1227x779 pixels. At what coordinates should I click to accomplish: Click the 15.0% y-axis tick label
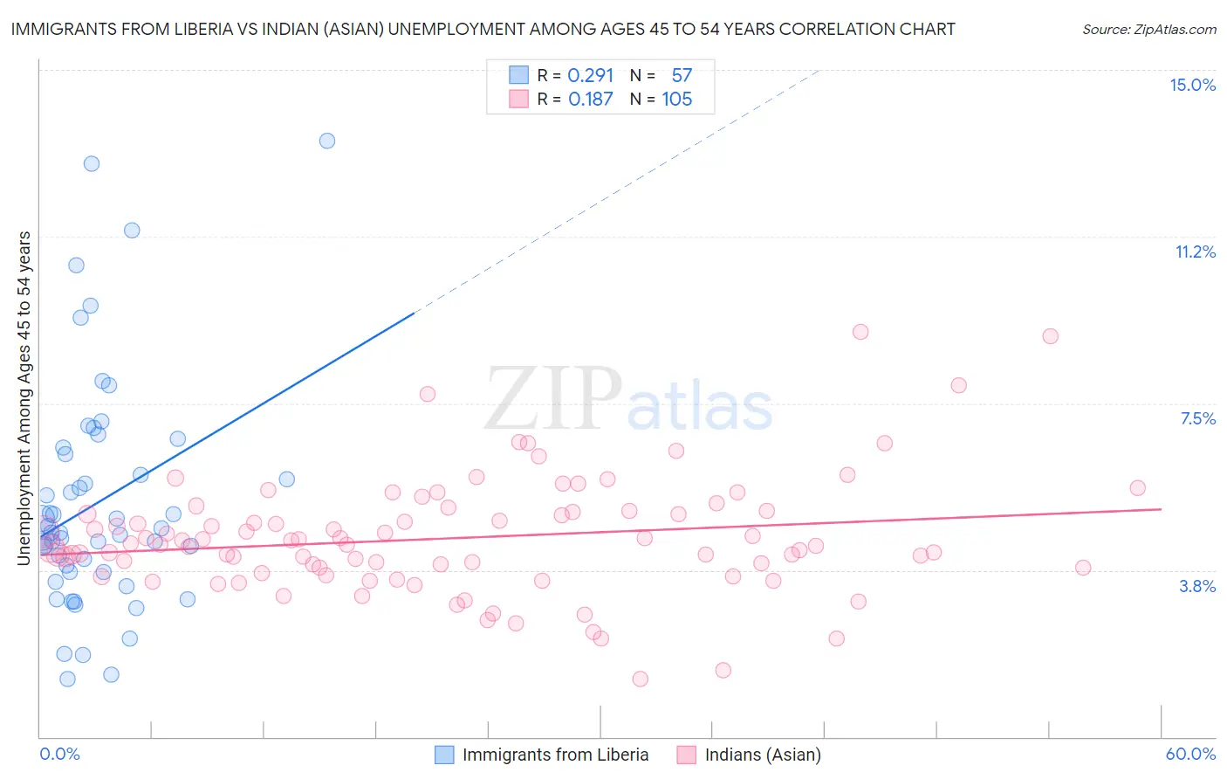[x=1192, y=85]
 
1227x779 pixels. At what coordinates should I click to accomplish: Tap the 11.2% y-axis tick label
[x=1195, y=252]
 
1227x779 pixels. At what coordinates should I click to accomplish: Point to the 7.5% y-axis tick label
[x=1197, y=418]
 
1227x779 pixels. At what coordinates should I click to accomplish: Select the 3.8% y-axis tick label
[x=1197, y=586]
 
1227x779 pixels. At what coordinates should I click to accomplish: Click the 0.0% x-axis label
[x=59, y=754]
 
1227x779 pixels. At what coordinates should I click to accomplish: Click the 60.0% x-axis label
[x=1190, y=754]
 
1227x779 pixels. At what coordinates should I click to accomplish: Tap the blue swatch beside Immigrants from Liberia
[x=444, y=755]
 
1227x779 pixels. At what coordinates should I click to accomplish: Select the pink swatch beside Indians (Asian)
[x=687, y=755]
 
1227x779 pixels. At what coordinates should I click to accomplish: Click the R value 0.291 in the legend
[x=591, y=75]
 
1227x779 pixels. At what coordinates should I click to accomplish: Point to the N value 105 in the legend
[x=676, y=100]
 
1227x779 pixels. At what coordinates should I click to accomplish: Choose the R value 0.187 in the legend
[x=591, y=100]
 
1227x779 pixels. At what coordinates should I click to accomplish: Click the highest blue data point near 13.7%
[x=327, y=141]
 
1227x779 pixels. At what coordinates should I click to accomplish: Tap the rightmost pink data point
[x=1137, y=488]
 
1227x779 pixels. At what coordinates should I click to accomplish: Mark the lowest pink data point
[x=640, y=679]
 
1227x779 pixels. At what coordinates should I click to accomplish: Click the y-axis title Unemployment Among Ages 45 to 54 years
[x=24, y=397]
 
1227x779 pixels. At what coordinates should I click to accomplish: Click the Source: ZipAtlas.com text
[x=1148, y=30]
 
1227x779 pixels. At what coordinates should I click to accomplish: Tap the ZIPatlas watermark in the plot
[x=628, y=400]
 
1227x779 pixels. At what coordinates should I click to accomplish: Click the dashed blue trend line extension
[x=611, y=192]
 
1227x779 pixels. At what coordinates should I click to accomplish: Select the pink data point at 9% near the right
[x=1051, y=336]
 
